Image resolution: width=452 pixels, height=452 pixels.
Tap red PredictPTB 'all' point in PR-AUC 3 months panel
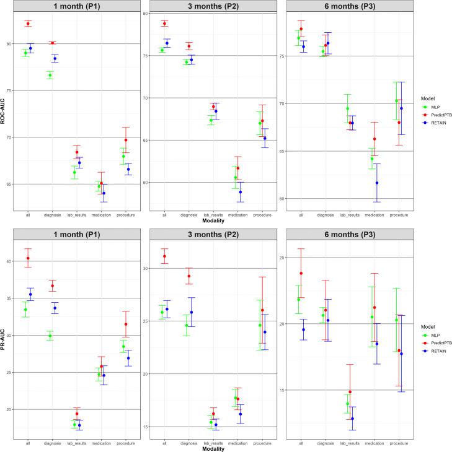[x=164, y=256]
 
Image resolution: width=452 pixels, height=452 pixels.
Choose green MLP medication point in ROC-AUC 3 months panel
[x=235, y=178]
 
